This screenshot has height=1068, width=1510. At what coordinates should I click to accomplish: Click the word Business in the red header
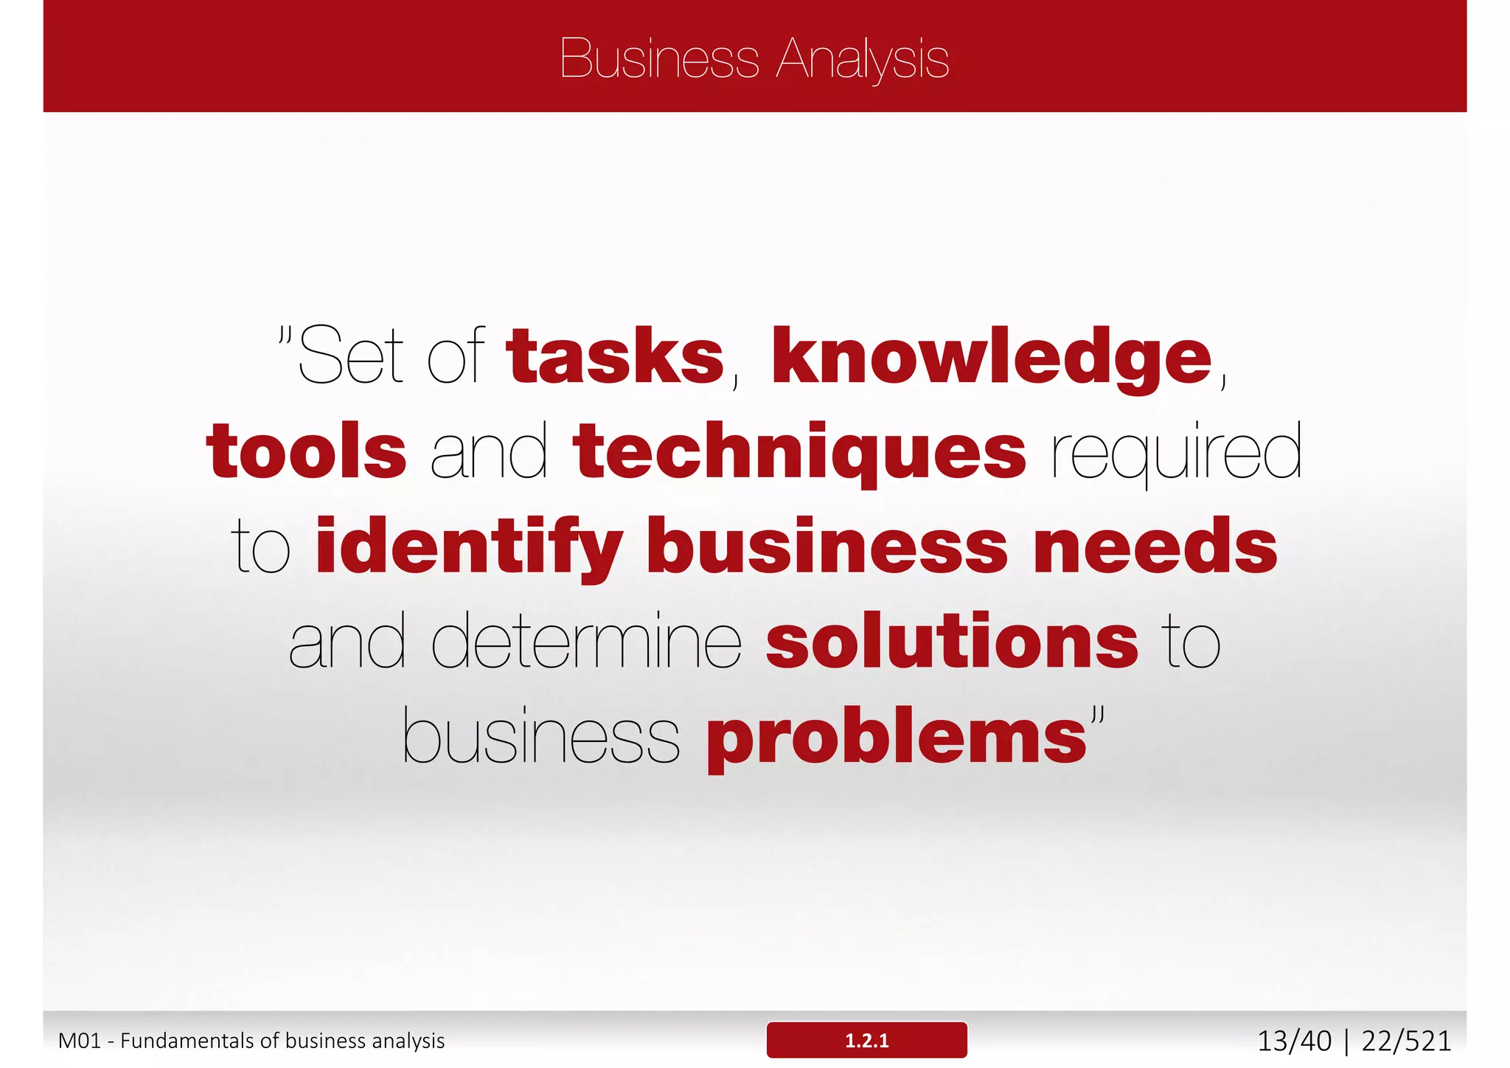(659, 58)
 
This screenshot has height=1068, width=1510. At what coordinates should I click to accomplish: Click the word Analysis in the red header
(863, 60)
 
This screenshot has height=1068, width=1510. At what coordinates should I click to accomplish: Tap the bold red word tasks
(616, 357)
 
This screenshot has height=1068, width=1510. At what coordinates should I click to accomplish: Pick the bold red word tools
(306, 451)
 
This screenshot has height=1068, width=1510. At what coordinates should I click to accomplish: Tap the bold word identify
(469, 547)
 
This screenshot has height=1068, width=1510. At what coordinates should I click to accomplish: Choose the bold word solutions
(953, 642)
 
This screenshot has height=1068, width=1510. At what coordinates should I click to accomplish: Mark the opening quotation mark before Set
(286, 337)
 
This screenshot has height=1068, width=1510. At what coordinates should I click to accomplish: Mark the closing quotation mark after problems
(1098, 716)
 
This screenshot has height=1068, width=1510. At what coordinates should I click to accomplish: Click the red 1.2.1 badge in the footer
(866, 1040)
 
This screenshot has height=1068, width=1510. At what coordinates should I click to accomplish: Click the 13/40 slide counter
(1294, 1041)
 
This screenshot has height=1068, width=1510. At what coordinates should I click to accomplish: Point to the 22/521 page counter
(1406, 1041)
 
